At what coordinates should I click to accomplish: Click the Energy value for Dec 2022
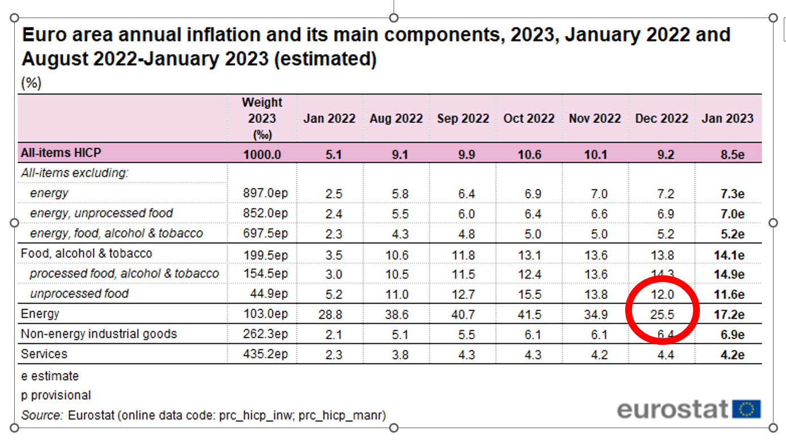point(662,314)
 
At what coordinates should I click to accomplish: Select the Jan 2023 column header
point(728,119)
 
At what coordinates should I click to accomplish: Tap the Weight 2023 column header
point(262,118)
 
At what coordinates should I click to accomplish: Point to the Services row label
point(44,354)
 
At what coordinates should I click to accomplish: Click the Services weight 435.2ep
point(265,355)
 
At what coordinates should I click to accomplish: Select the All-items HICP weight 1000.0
point(262,154)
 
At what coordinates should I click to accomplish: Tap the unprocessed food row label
point(79,293)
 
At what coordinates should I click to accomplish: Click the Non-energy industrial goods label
point(99,334)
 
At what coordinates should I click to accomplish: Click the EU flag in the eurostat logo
point(746,408)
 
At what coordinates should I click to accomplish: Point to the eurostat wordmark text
point(673,408)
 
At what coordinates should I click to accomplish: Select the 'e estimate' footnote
point(50,376)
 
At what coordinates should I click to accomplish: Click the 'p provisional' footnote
point(55,395)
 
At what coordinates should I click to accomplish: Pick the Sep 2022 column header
point(463,119)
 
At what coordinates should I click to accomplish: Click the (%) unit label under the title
point(31,83)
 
